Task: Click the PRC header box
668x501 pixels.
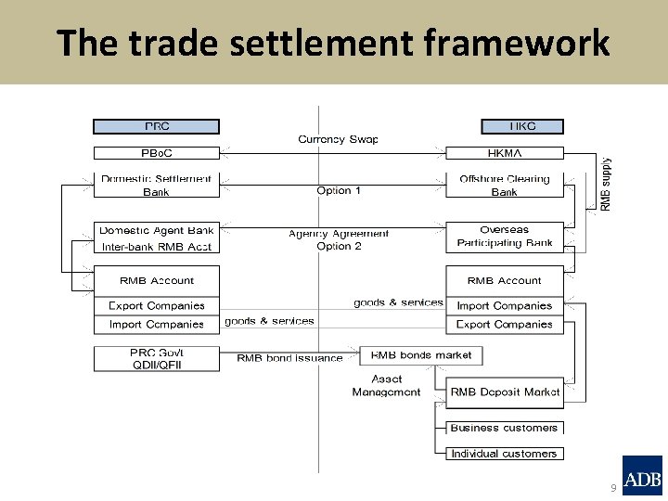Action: (156, 126)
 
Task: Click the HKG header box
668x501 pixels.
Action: (522, 126)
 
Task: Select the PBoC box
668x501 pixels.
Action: (156, 152)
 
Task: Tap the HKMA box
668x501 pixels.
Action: (505, 152)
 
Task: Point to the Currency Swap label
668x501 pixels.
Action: (338, 139)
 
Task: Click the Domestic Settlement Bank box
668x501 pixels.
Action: (156, 185)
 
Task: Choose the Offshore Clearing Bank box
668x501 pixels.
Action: (505, 185)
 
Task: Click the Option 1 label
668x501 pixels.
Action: (339, 190)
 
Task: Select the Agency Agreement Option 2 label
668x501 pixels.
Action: (339, 240)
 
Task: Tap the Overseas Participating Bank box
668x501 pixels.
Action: (505, 237)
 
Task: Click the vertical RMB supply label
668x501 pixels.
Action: (606, 183)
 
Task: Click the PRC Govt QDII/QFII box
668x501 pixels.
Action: (156, 358)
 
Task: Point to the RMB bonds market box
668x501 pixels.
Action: (421, 355)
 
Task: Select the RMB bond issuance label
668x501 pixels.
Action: (289, 358)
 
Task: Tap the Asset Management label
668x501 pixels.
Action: (386, 385)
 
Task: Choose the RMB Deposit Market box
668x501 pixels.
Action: (505, 392)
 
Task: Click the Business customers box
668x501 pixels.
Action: (504, 428)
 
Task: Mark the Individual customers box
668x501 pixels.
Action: (504, 454)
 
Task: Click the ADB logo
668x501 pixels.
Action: (642, 477)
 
